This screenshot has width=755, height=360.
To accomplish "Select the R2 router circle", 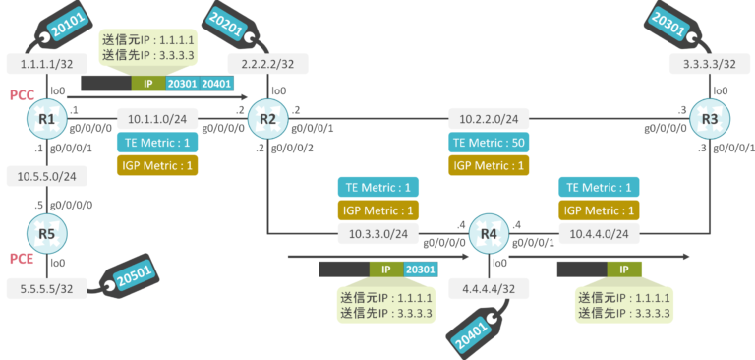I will click(266, 120).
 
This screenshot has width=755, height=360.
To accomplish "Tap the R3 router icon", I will click(710, 120).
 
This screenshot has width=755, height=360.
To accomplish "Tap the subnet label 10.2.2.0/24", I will click(489, 119).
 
